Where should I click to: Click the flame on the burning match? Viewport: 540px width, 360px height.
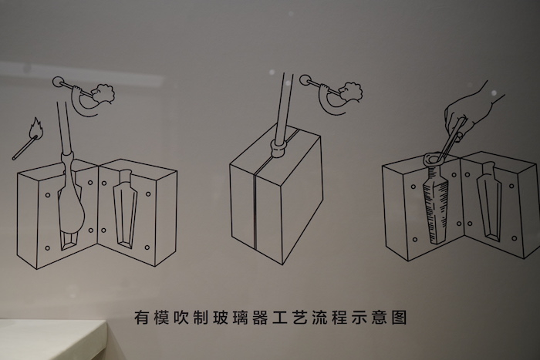(36, 127)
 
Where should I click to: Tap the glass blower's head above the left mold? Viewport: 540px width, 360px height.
(103, 93)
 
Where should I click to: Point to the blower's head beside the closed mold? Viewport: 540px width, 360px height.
(351, 91)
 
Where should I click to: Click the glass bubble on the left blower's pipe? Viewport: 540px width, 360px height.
(58, 82)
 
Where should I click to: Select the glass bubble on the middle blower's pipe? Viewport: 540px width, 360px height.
(305, 80)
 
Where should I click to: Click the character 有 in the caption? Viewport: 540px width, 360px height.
(141, 317)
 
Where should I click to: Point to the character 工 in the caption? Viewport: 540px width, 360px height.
(270, 317)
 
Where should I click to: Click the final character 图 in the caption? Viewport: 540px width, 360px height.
(399, 317)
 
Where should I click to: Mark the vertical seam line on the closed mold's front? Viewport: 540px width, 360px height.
(255, 209)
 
